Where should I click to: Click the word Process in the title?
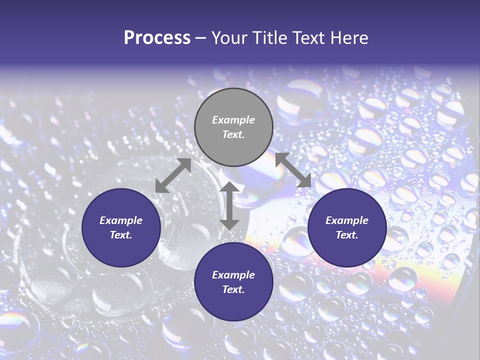pyautogui.click(x=157, y=38)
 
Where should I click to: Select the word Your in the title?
pyautogui.click(x=231, y=38)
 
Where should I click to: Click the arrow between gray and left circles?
pyautogui.click(x=173, y=175)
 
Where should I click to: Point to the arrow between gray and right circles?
pyautogui.click(x=293, y=170)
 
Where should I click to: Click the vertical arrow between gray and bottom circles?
pyautogui.click(x=229, y=205)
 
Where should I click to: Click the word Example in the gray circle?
pyautogui.click(x=233, y=120)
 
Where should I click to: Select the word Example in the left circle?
pyautogui.click(x=121, y=220)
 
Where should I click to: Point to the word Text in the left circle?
pyautogui.click(x=120, y=235)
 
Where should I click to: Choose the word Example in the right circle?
pyautogui.click(x=347, y=220)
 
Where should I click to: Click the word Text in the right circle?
pyautogui.click(x=346, y=235)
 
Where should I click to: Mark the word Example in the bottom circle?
pyautogui.click(x=233, y=275)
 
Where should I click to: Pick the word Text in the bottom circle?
pyautogui.click(x=233, y=289)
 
